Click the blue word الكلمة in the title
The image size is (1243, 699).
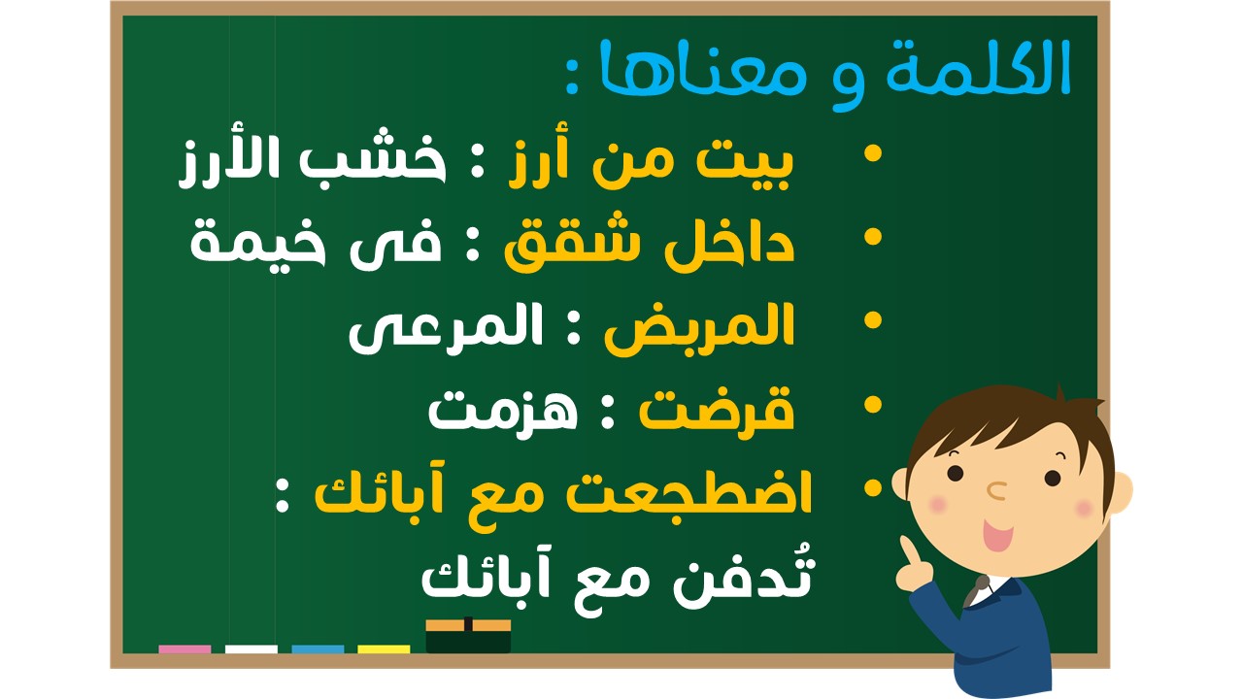point(978,68)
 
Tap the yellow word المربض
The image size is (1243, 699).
point(699,328)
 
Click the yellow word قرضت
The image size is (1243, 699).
point(717,410)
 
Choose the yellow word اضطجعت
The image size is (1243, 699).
point(689,494)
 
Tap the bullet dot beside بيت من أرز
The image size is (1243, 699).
point(873,153)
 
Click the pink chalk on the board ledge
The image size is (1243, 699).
point(185,649)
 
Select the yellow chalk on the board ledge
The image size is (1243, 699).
point(384,649)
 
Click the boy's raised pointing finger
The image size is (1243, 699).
point(908,550)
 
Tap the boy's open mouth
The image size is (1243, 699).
point(997,535)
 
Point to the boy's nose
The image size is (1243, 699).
point(996,490)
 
